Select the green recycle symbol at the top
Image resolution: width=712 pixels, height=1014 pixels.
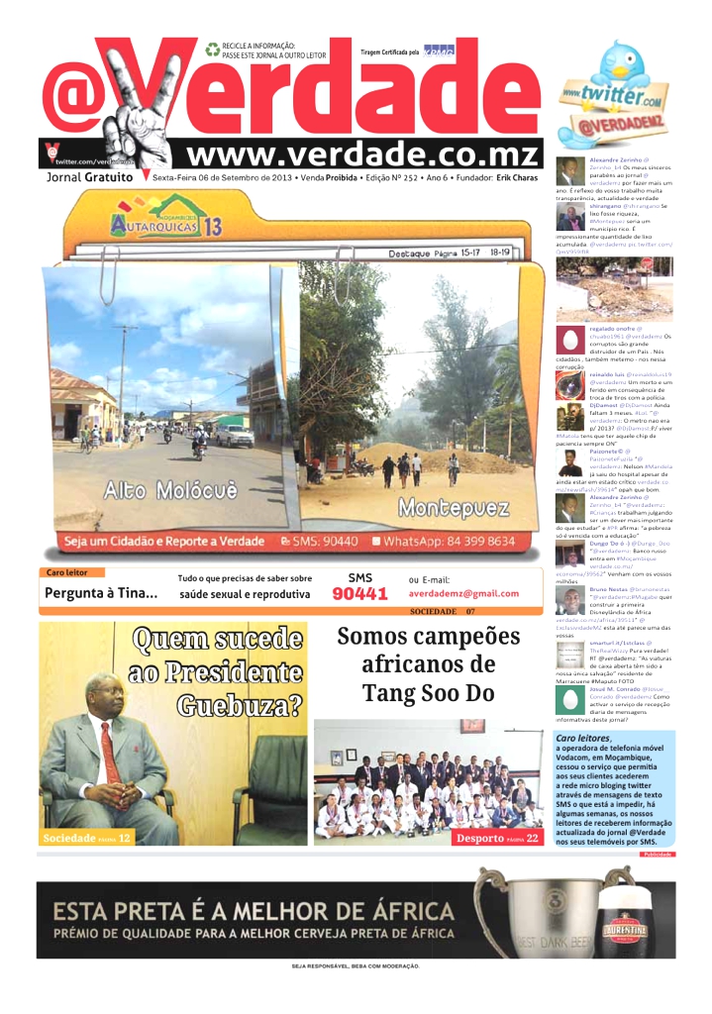click(x=213, y=50)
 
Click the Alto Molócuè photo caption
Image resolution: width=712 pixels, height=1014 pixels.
click(x=170, y=491)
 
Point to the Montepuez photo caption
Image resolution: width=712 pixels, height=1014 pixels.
click(x=454, y=509)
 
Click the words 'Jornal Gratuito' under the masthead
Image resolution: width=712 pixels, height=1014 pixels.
click(x=90, y=177)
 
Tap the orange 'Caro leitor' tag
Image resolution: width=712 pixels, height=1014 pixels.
click(x=68, y=572)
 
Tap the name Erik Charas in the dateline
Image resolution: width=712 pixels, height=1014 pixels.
click(x=518, y=178)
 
